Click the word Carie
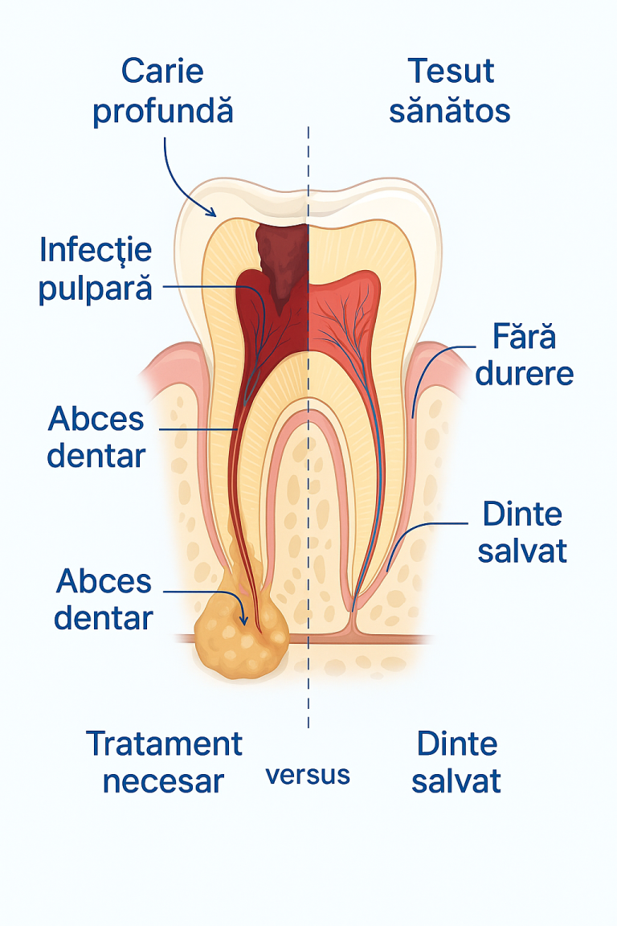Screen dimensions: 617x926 point(162,72)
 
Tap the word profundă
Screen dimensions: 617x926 point(163,111)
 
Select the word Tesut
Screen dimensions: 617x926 point(451,72)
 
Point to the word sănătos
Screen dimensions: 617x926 point(449,110)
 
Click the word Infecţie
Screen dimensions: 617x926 point(96,251)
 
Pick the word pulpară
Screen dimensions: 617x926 point(96,289)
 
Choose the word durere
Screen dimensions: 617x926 point(525,373)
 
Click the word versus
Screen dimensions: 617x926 point(308,775)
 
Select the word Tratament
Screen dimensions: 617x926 point(164,744)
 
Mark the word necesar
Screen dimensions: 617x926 point(164,781)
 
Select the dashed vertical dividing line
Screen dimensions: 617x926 point(308,425)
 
